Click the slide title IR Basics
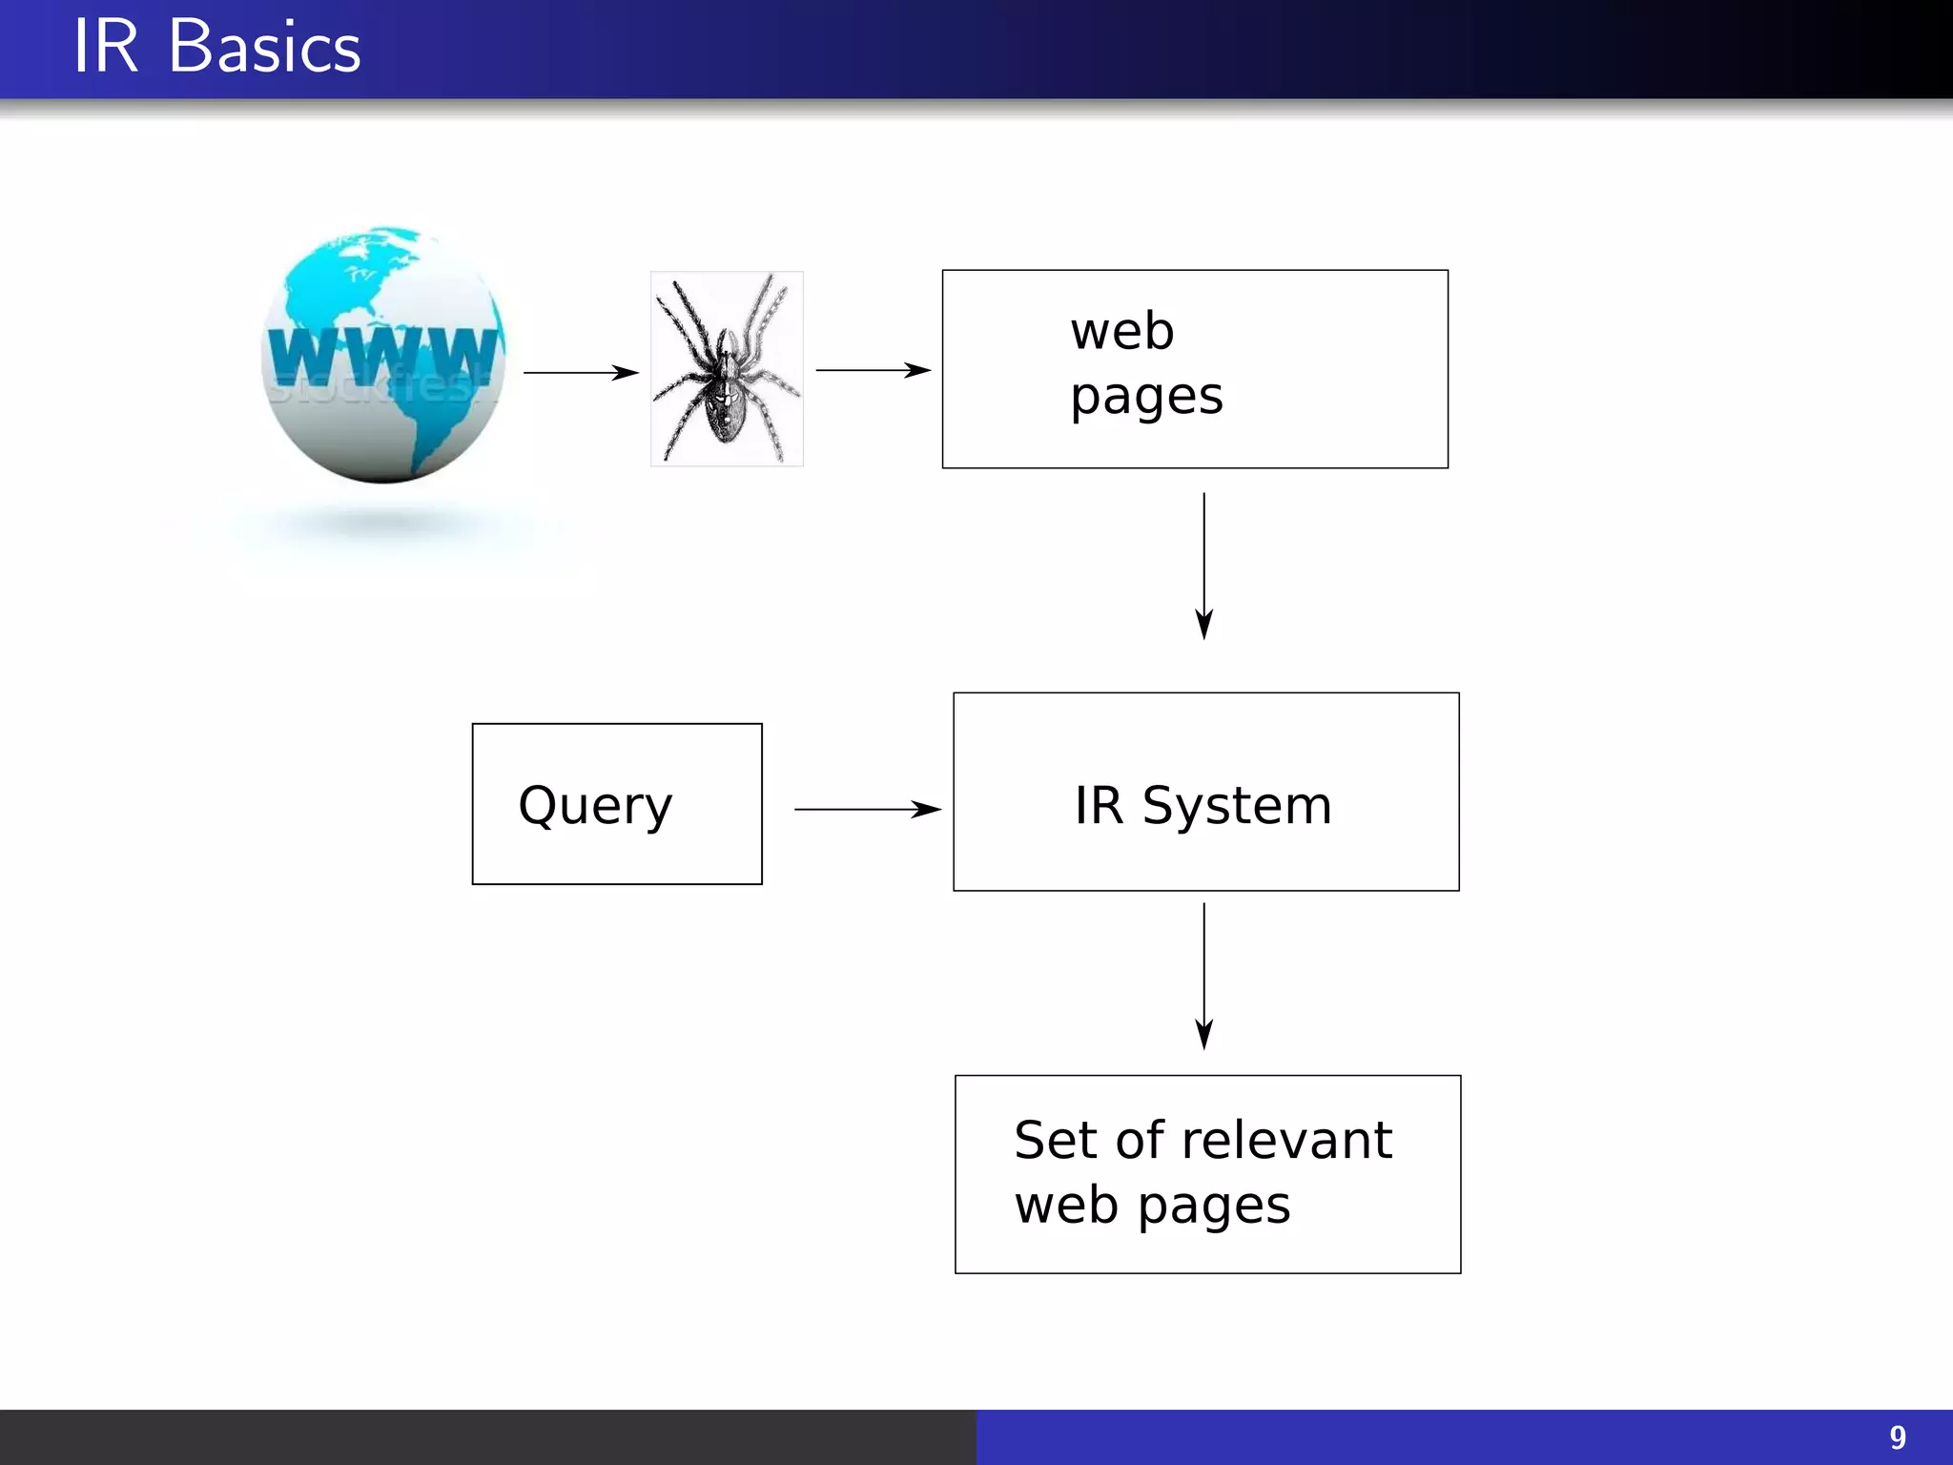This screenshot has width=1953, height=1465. point(217,48)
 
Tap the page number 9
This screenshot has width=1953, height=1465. point(1897,1437)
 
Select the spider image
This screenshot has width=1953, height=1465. point(727,369)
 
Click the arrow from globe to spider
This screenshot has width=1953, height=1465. point(581,372)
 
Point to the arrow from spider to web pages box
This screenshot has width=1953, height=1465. point(873,370)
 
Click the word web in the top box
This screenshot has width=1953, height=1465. point(1121,332)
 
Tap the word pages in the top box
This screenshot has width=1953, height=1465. point(1145,397)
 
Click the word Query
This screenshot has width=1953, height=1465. point(595,806)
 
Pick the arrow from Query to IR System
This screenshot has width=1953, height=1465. point(867,810)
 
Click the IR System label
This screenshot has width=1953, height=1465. point(1203,805)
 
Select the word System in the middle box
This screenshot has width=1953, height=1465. point(1237,807)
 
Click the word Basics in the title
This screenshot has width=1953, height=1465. point(265,48)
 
